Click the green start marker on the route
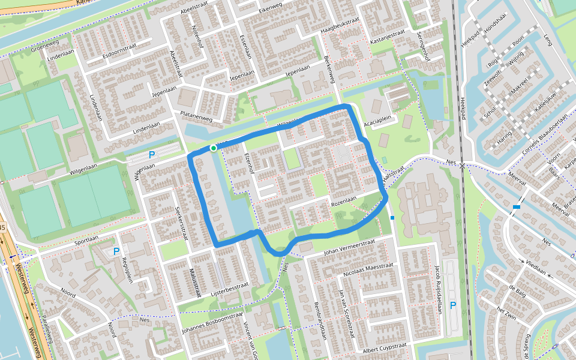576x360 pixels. (213, 148)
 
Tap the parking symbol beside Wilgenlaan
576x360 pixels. (152, 155)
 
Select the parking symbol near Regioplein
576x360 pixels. (116, 251)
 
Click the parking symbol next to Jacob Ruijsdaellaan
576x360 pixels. (453, 305)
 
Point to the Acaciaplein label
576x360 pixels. (381, 119)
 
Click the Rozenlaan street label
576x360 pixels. (344, 199)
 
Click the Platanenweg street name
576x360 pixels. (197, 116)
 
